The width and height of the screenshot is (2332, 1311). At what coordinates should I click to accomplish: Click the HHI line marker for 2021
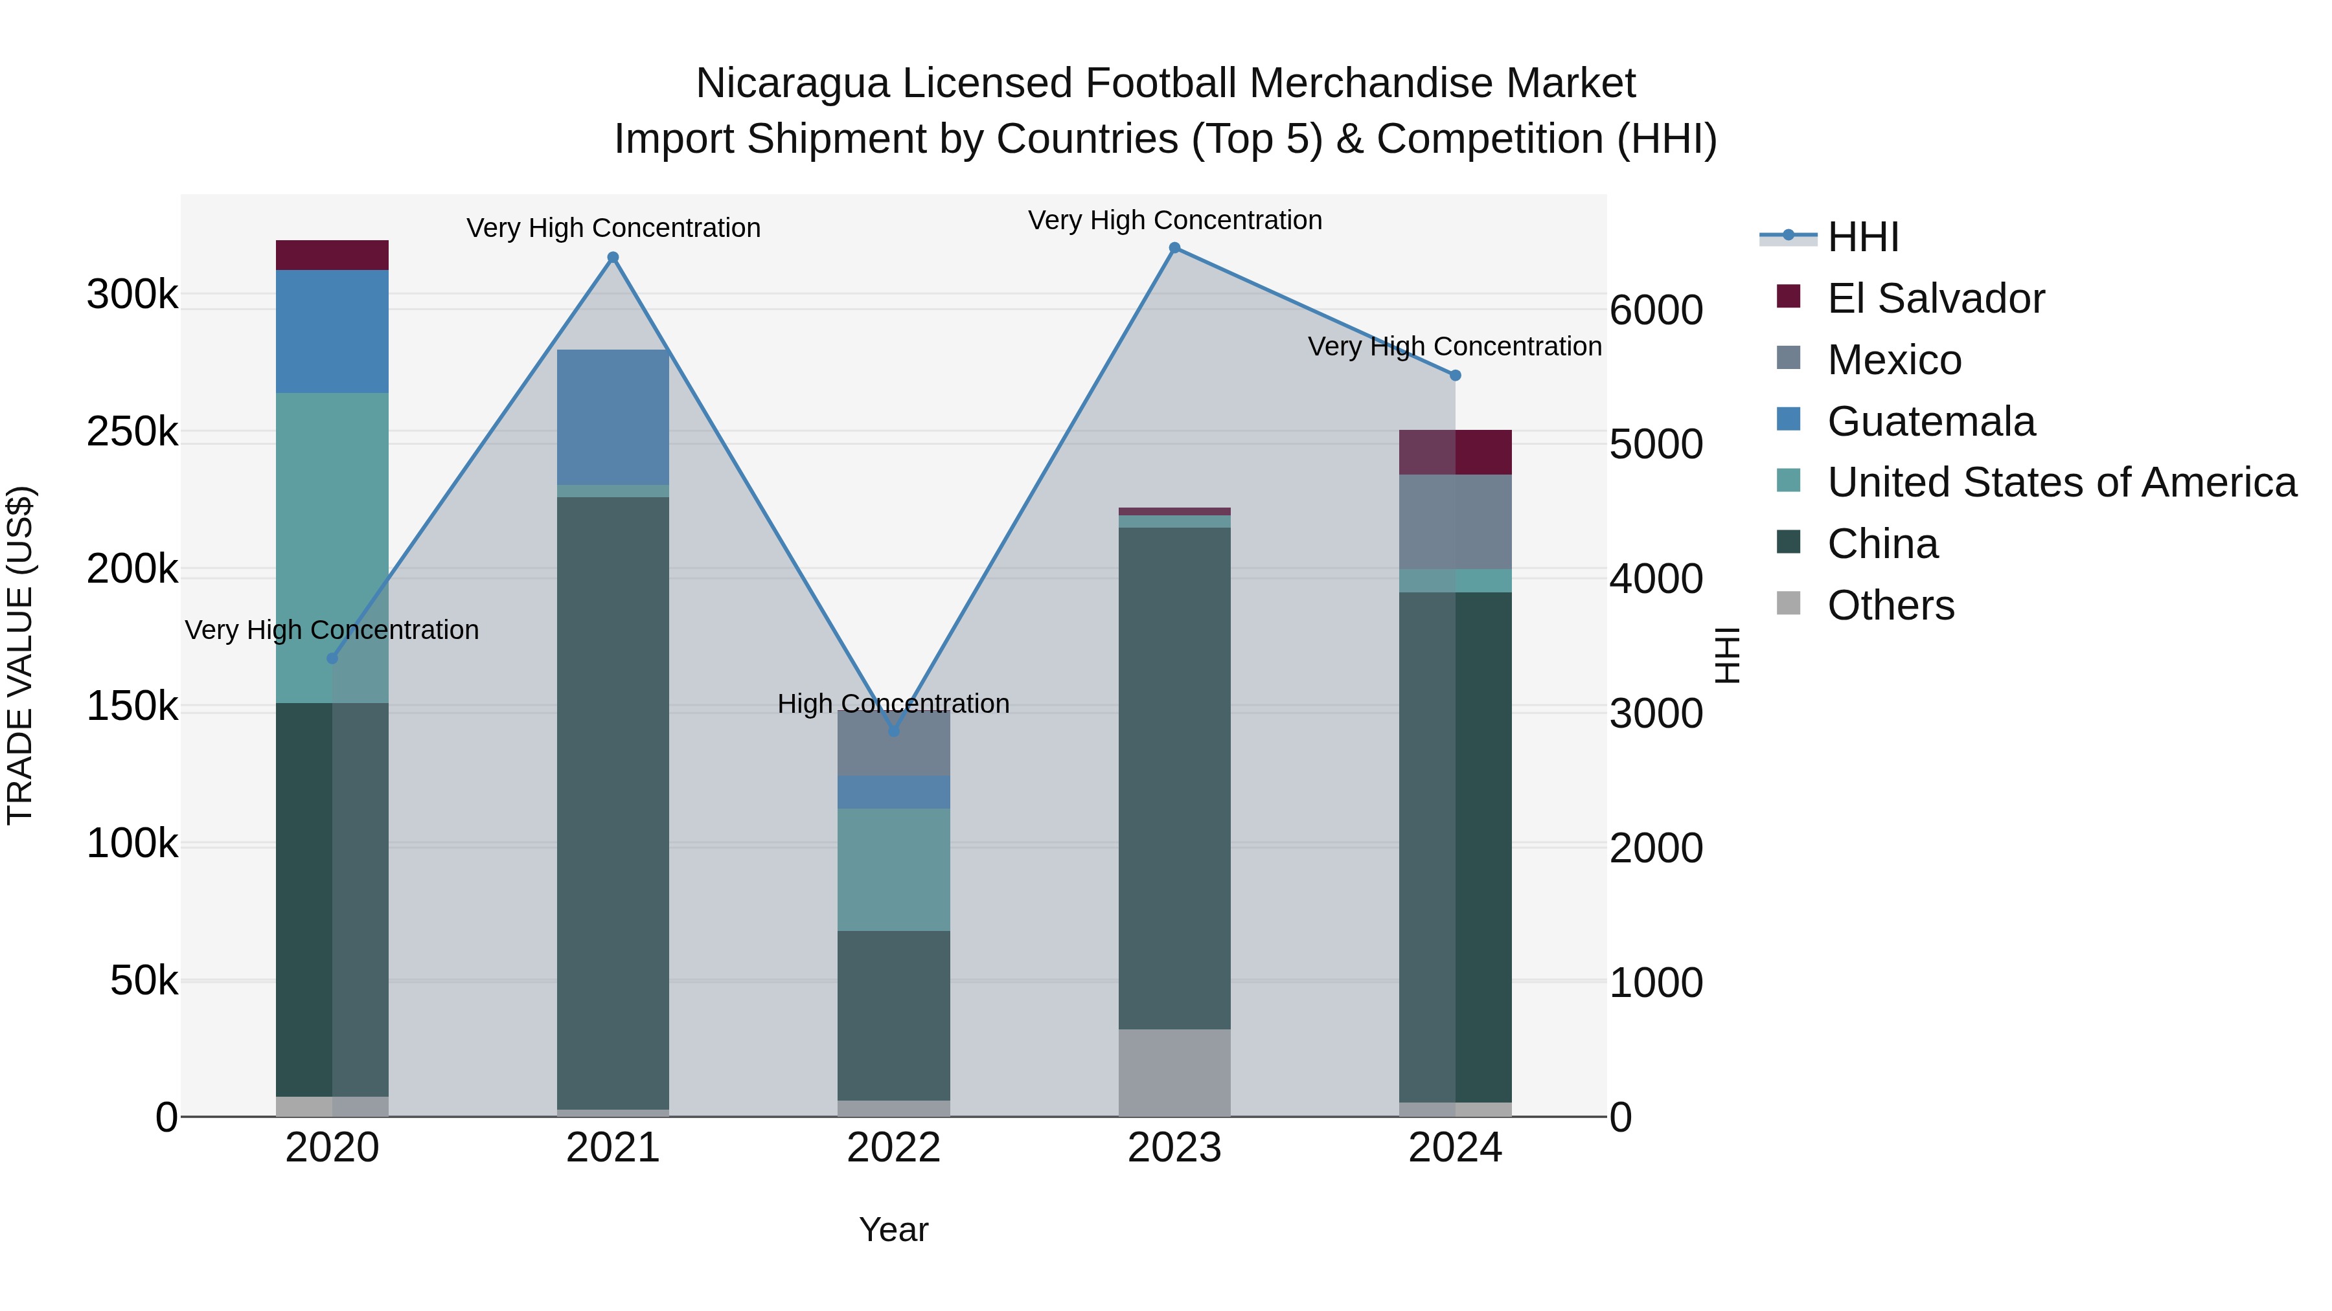613,258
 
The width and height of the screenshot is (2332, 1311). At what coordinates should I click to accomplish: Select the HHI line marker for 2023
1174,248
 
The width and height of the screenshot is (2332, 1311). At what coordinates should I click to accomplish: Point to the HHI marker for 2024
1455,375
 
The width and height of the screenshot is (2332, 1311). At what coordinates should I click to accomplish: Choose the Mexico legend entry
1894,360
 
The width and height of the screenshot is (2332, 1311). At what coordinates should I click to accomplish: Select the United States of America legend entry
2061,482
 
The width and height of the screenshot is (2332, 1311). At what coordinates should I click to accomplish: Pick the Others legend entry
1890,605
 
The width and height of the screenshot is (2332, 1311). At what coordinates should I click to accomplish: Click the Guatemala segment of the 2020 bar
332,331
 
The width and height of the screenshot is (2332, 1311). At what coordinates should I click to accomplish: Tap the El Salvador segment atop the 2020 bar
332,255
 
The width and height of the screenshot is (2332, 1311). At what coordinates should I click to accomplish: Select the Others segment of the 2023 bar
1174,1072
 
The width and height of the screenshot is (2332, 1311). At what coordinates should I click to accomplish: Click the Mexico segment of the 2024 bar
1455,522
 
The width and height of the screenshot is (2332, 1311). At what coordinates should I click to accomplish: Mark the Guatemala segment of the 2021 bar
613,417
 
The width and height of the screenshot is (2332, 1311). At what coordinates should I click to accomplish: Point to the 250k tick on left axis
132,432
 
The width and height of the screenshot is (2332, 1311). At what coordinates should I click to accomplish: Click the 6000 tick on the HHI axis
1656,310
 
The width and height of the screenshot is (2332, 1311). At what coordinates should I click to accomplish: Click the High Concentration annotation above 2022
893,704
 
